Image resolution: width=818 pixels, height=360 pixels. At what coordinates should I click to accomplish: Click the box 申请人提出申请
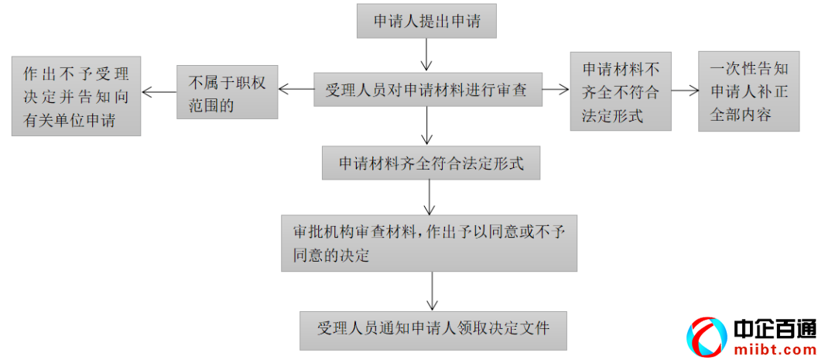[x=426, y=21]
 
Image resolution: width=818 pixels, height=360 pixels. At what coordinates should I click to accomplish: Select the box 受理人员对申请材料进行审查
[x=426, y=90]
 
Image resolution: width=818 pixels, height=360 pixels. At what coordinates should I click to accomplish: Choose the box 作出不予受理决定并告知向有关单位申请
[x=76, y=97]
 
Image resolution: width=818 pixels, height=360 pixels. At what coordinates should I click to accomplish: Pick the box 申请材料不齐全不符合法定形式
[x=620, y=92]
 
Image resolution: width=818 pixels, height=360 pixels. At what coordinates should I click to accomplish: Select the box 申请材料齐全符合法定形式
[x=430, y=163]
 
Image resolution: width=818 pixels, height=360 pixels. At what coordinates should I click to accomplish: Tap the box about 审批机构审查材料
[x=429, y=243]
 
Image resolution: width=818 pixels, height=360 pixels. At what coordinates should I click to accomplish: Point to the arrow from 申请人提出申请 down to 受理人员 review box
[x=426, y=55]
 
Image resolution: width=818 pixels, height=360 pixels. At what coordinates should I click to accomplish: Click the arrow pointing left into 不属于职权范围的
[x=295, y=90]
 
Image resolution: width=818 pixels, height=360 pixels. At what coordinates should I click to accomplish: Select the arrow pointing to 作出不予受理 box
[x=159, y=92]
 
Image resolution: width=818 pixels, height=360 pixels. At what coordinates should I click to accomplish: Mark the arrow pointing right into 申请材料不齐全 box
[x=555, y=90]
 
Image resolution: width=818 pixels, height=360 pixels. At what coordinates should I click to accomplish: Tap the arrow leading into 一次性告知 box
[x=684, y=90]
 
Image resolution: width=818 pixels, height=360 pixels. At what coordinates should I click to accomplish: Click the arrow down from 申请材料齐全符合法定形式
[x=430, y=198]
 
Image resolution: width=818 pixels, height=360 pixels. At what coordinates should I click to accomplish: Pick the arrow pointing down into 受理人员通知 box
[x=431, y=293]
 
